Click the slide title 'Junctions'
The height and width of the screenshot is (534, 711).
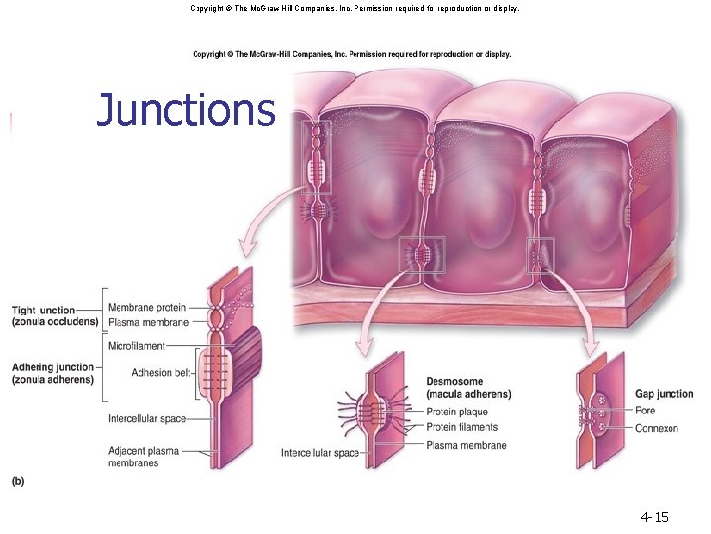(185, 110)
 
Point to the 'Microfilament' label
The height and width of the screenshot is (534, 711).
(136, 346)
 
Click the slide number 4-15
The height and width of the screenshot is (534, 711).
(654, 516)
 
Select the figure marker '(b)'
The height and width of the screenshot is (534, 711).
(19, 481)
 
